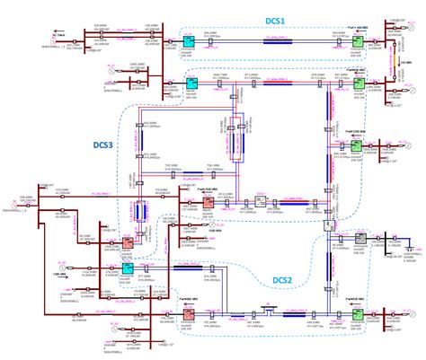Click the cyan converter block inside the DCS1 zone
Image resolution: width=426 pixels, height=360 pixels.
189,41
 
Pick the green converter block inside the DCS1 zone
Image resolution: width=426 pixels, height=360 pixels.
358,41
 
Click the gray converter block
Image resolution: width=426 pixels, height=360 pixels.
359,240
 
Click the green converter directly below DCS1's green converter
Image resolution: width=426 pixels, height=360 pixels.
358,83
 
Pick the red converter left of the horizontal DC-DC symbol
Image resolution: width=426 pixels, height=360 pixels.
206,202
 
